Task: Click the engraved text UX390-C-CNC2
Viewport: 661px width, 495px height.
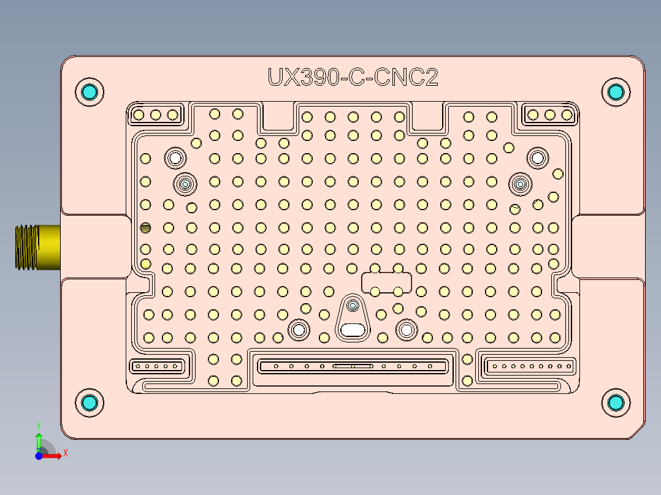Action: (353, 77)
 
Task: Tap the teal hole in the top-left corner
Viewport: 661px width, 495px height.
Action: (90, 93)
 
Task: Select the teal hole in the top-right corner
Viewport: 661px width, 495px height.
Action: (616, 92)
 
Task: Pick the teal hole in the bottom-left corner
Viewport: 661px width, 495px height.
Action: (90, 402)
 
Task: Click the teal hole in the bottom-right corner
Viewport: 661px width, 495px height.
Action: (616, 402)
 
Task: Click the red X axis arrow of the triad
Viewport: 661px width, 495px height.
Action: (56, 455)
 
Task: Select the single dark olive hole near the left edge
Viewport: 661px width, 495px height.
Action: (145, 228)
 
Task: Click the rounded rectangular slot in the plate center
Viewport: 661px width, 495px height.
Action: (386, 282)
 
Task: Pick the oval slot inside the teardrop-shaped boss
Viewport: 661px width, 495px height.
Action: (353, 330)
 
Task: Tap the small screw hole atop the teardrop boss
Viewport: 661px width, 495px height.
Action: (353, 304)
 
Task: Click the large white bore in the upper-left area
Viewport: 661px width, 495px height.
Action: (175, 157)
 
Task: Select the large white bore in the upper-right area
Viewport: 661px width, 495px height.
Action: (538, 157)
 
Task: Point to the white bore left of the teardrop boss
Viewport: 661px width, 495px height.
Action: (299, 330)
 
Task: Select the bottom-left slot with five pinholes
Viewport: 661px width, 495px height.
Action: (157, 366)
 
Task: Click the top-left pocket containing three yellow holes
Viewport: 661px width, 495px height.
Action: (156, 115)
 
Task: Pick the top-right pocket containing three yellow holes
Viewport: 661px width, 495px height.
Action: (550, 115)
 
